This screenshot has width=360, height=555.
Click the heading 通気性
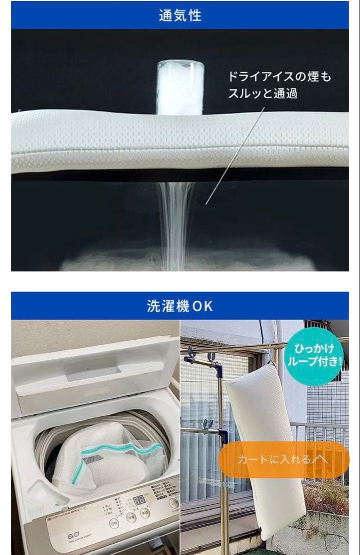tap(180, 15)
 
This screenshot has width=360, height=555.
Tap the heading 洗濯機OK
tap(180, 306)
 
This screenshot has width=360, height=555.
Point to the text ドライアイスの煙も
tap(280, 77)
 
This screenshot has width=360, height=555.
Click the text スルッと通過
tap(263, 94)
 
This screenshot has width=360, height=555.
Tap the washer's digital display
tap(139, 499)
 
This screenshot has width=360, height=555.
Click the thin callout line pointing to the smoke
tap(234, 157)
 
